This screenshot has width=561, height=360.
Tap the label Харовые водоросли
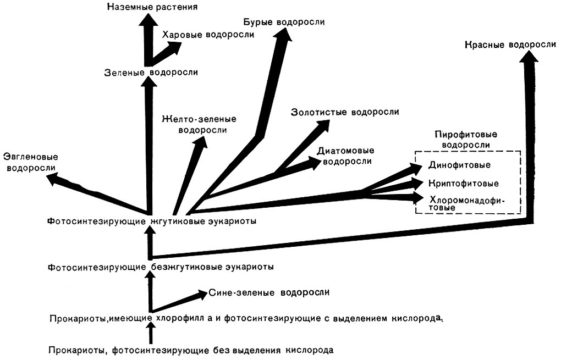(x=208, y=35)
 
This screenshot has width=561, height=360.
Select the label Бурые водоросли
(x=283, y=22)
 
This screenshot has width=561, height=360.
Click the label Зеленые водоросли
(x=151, y=72)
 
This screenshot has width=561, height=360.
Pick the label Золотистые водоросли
(x=345, y=113)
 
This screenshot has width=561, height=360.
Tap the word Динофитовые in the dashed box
(x=459, y=165)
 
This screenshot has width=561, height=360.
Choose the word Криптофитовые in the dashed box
(x=463, y=182)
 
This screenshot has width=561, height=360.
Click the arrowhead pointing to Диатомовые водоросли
(x=313, y=162)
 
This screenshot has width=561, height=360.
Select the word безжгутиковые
(x=179, y=267)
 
